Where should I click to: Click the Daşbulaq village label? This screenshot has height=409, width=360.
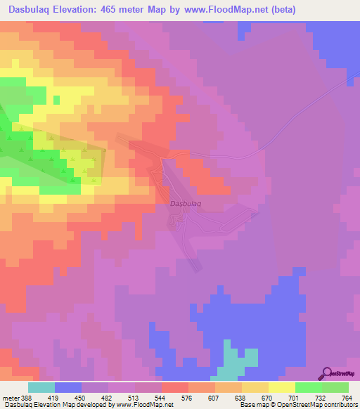point(186,204)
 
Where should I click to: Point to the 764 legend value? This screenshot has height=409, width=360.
point(345,398)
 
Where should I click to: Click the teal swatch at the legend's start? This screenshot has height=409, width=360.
point(41,387)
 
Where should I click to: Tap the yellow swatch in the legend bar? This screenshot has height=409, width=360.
point(281,387)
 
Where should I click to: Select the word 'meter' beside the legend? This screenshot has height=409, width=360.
point(12,398)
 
